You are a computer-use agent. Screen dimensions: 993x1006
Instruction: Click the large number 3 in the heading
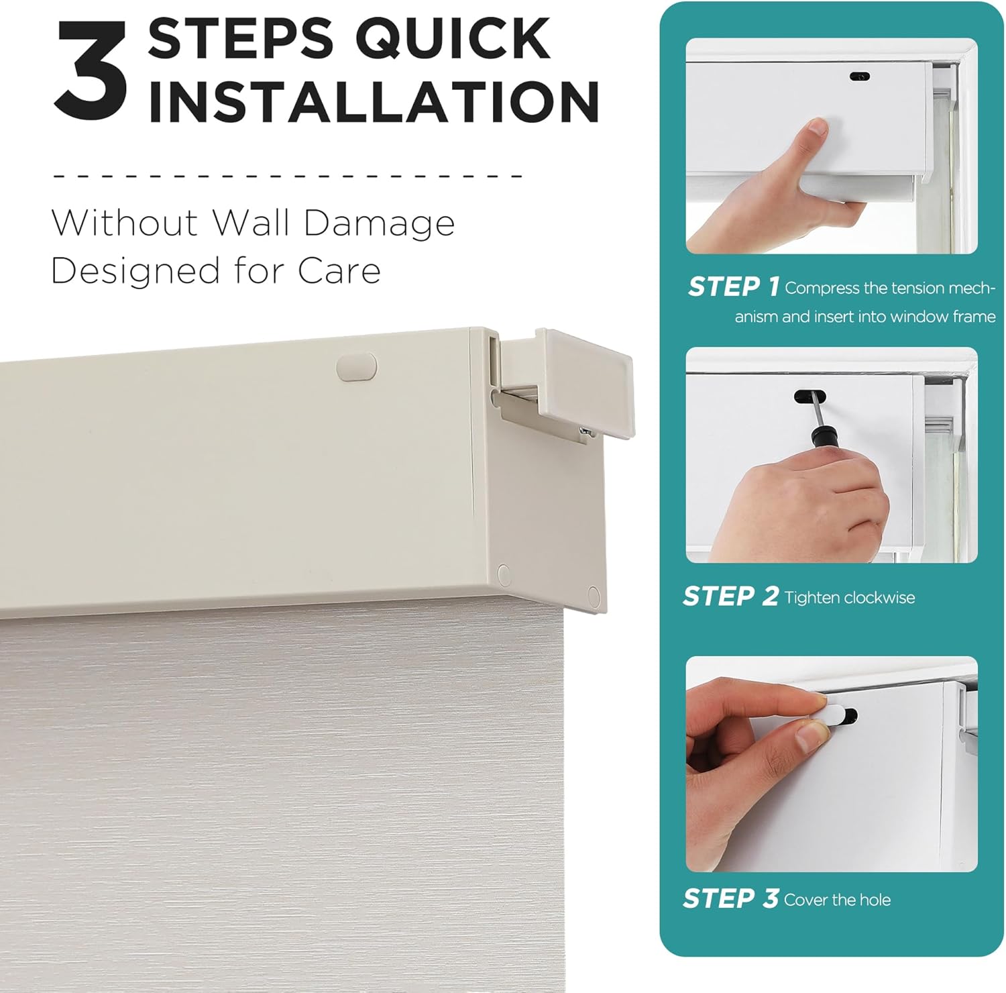pos(91,70)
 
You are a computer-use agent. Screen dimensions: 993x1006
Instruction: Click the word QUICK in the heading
pos(453,38)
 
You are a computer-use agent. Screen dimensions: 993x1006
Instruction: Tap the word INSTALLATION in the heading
pos(374,101)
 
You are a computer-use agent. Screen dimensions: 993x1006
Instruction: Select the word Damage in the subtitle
pos(379,224)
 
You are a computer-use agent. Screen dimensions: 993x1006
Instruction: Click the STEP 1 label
pos(733,287)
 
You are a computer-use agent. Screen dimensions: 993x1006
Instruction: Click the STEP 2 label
pos(730,596)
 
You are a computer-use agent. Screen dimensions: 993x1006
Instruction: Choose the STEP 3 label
pos(730,898)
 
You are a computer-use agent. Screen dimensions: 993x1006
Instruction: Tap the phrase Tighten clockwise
pos(849,598)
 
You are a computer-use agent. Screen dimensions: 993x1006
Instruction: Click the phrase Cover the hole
pos(837,900)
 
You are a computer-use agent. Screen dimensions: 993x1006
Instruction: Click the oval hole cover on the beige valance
pos(357,367)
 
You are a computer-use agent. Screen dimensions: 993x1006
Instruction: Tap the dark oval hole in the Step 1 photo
pos(859,76)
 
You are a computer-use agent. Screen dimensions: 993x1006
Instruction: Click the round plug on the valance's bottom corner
pos(593,594)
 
